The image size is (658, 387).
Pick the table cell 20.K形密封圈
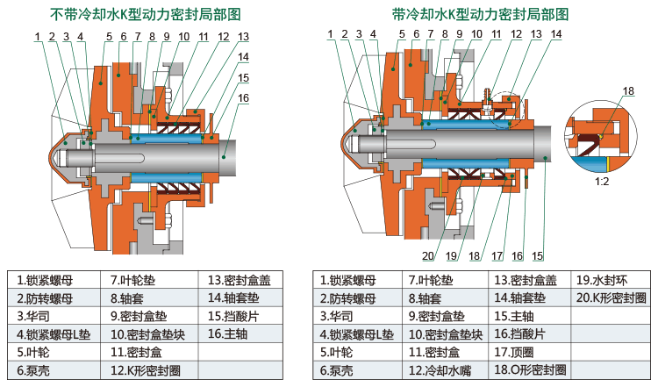[x=611, y=298]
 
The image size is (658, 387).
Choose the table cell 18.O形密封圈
[x=531, y=369]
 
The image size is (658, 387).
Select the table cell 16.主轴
[x=229, y=333]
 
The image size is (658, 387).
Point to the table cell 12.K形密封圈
[x=146, y=369]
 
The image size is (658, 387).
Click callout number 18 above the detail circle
[x=628, y=91]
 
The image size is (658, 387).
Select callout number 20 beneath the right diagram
[x=427, y=256]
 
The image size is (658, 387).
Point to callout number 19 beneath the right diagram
[x=452, y=256]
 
